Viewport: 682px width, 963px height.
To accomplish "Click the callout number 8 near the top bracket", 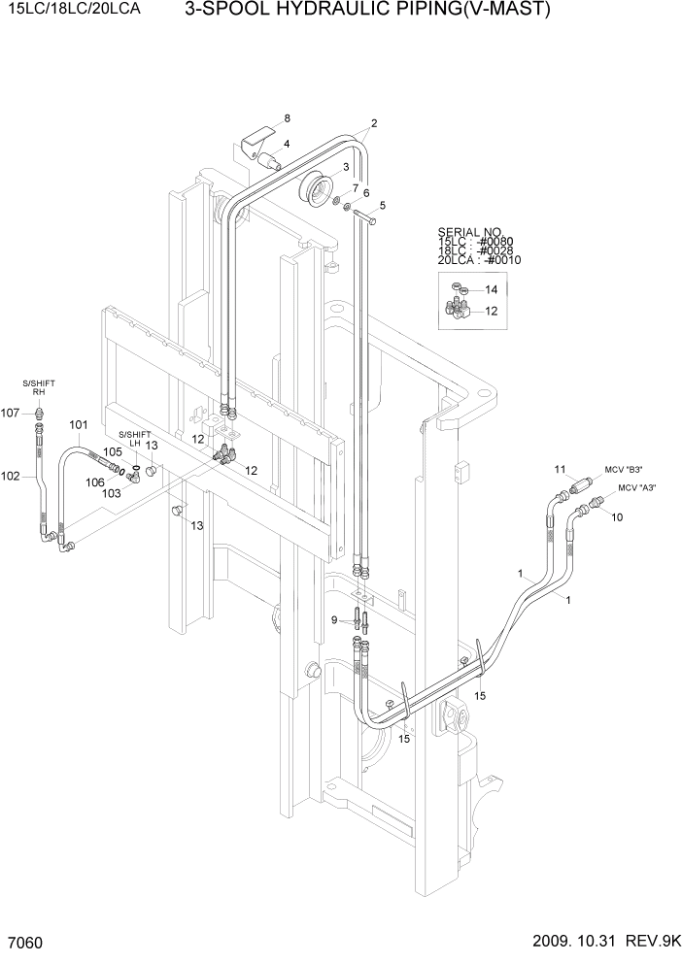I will point(287,118).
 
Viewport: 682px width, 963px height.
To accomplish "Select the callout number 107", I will point(11,413).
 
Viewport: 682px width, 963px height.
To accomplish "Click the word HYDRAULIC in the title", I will point(326,12).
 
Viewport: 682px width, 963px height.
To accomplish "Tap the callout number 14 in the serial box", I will point(492,289).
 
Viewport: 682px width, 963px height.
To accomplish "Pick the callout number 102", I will point(11,476).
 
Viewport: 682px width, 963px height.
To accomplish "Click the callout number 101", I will point(79,425).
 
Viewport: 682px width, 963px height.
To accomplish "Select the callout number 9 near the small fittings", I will point(333,619).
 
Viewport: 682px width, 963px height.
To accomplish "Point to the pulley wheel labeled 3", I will point(317,188).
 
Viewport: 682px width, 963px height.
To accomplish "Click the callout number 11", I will point(559,470).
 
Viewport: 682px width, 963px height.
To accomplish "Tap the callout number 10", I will point(617,517).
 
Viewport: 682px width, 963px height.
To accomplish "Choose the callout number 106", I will point(94,481).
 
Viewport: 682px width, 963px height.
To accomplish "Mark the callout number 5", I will point(382,205).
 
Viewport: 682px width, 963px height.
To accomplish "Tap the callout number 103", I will point(113,493).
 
